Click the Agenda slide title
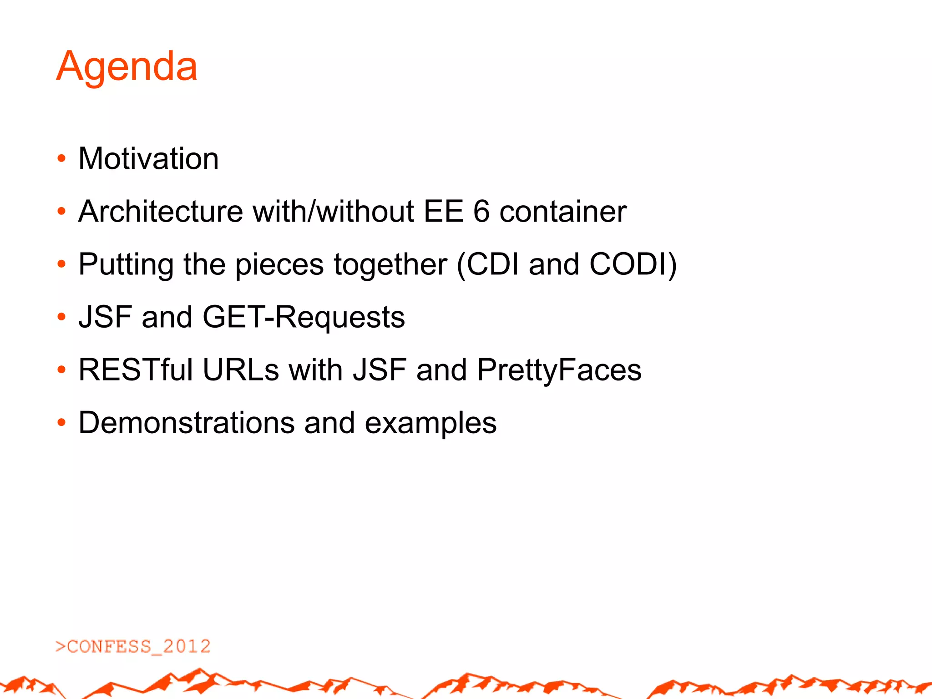click(x=127, y=67)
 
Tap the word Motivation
click(x=148, y=159)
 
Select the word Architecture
click(x=161, y=212)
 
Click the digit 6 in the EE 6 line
click(x=481, y=212)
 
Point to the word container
click(x=563, y=212)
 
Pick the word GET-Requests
click(x=304, y=317)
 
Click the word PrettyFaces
click(x=559, y=370)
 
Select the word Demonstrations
click(x=187, y=423)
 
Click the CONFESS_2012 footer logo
click(x=133, y=647)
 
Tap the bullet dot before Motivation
click(x=61, y=159)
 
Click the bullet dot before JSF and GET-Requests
click(x=61, y=317)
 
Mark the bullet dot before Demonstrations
click(x=61, y=423)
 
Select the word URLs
click(x=241, y=370)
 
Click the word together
click(x=390, y=265)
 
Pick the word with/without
click(x=334, y=212)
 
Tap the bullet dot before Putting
click(x=61, y=264)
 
